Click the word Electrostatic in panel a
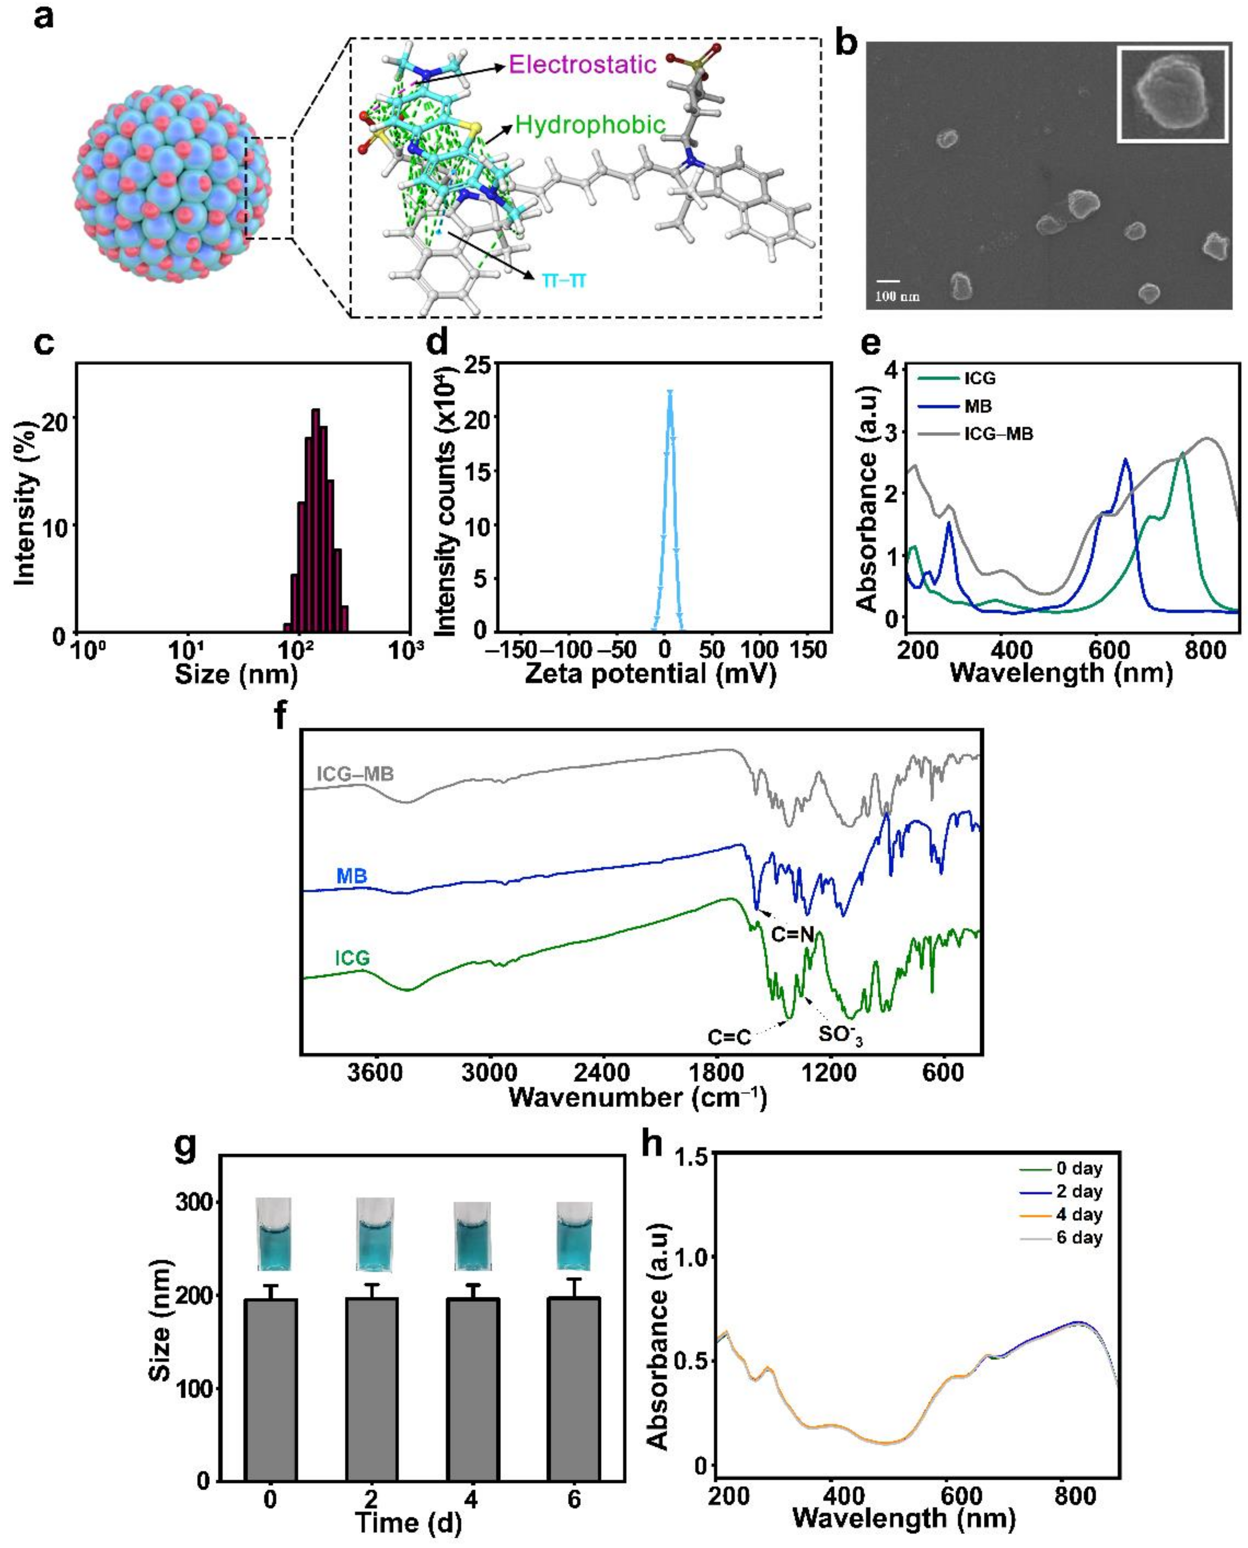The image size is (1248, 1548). tap(582, 65)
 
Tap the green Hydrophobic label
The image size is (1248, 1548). tap(590, 125)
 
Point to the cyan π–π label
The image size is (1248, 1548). tap(564, 279)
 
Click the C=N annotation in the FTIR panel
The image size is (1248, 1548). tap(792, 935)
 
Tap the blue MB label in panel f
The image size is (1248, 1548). tap(352, 876)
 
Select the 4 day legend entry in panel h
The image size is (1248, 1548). tap(1078, 1215)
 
